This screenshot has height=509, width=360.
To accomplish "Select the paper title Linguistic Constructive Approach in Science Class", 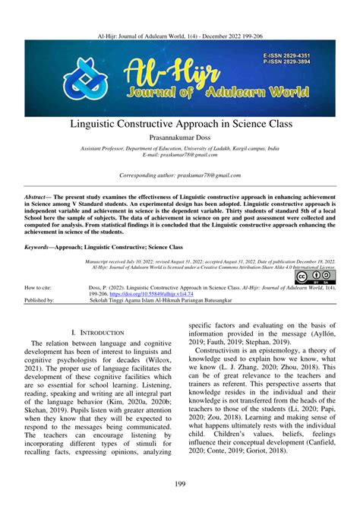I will click(x=179, y=123).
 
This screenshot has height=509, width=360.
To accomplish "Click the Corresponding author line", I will click(x=179, y=175).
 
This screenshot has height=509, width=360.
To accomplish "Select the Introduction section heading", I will click(x=96, y=333).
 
